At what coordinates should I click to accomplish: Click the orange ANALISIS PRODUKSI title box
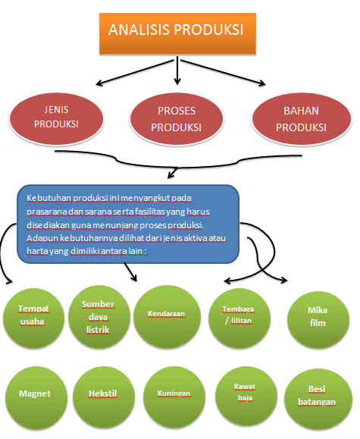click(x=176, y=32)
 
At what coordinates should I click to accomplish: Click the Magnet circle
click(x=33, y=395)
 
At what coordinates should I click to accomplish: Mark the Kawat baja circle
click(x=244, y=392)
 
